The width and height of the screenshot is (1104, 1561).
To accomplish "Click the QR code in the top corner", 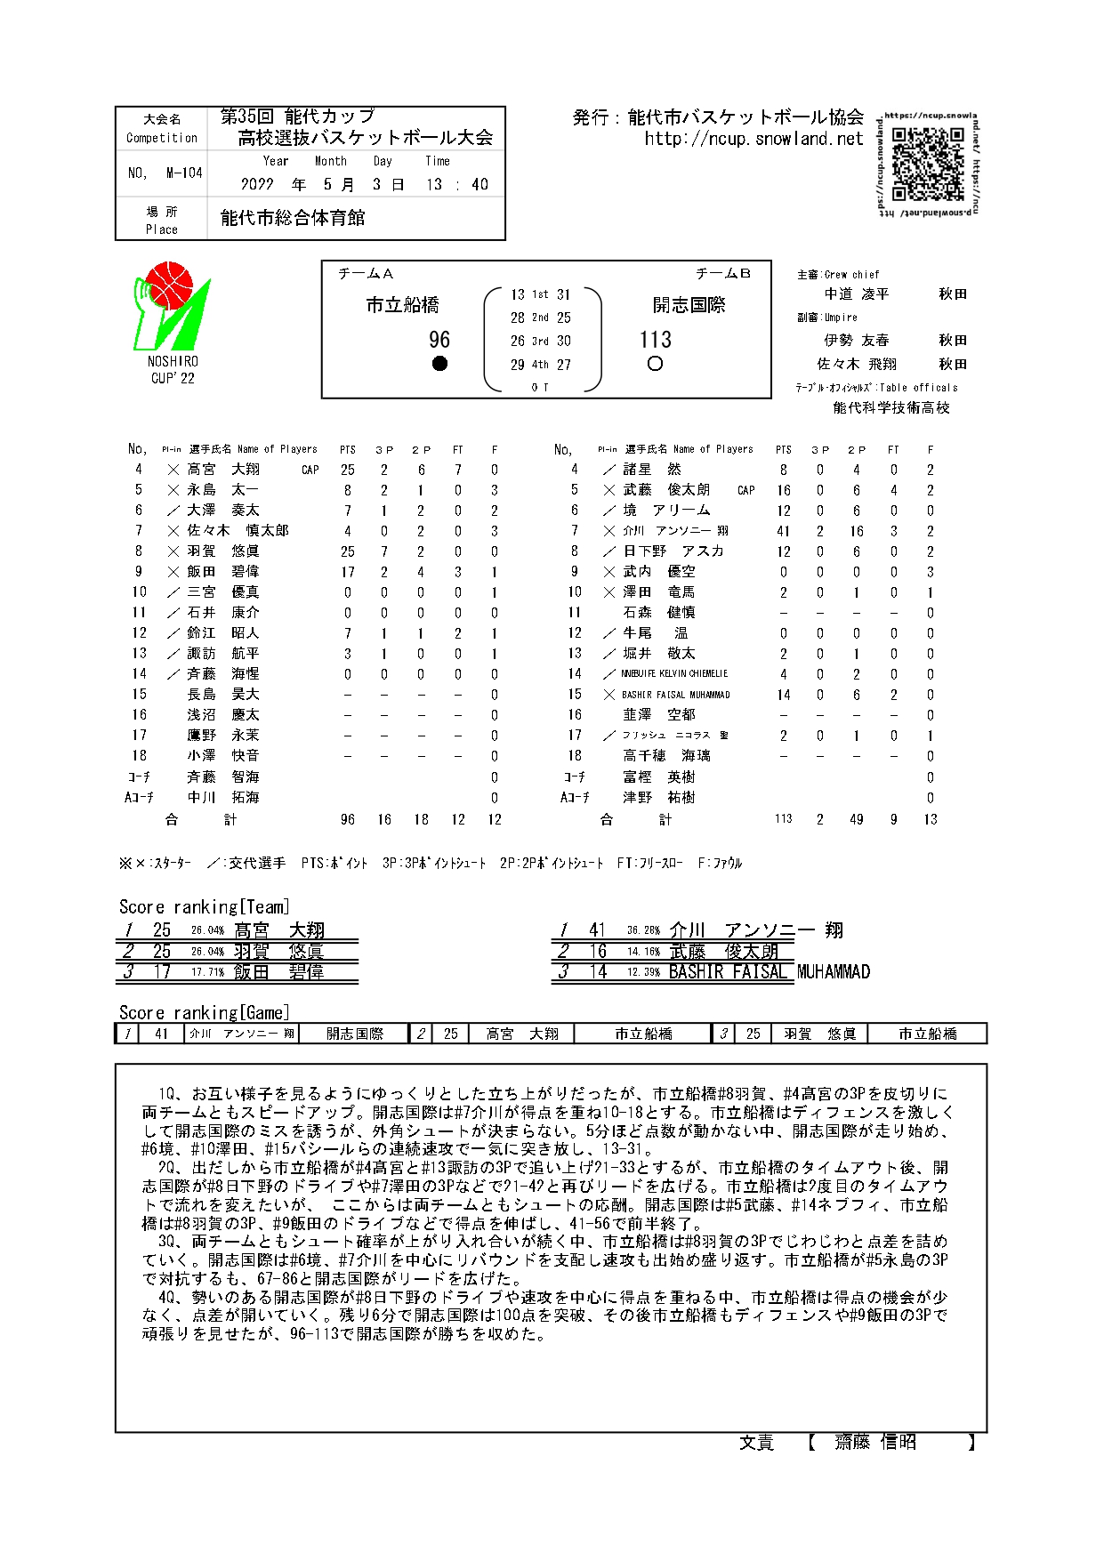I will (927, 165).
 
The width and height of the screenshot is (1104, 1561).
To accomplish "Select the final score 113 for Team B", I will (656, 340).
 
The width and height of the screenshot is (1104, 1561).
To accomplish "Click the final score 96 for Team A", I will (439, 340).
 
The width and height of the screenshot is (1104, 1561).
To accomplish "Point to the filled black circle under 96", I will (439, 364).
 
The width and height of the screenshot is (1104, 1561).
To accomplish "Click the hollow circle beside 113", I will (656, 364).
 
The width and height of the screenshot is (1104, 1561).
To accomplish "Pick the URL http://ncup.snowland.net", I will (753, 139).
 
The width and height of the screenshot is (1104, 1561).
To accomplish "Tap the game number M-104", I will (184, 173).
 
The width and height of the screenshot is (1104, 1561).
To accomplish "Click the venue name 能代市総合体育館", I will (293, 218).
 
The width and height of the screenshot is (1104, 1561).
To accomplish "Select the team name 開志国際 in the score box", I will (689, 305).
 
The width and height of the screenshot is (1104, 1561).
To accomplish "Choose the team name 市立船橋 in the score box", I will (403, 305).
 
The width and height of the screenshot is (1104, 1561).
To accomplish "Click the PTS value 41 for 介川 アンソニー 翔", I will (783, 531).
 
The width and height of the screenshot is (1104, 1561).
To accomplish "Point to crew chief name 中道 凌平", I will (856, 294).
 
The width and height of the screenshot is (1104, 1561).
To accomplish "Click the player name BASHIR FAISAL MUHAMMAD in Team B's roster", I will (675, 695).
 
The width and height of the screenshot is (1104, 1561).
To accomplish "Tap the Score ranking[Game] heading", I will (205, 1013).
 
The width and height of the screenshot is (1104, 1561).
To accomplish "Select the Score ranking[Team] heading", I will (205, 907).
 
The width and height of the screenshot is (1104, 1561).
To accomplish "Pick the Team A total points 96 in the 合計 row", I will (348, 819).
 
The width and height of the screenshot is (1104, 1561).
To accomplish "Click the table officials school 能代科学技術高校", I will (891, 408).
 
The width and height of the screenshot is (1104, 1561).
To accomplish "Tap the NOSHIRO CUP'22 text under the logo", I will (173, 370).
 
